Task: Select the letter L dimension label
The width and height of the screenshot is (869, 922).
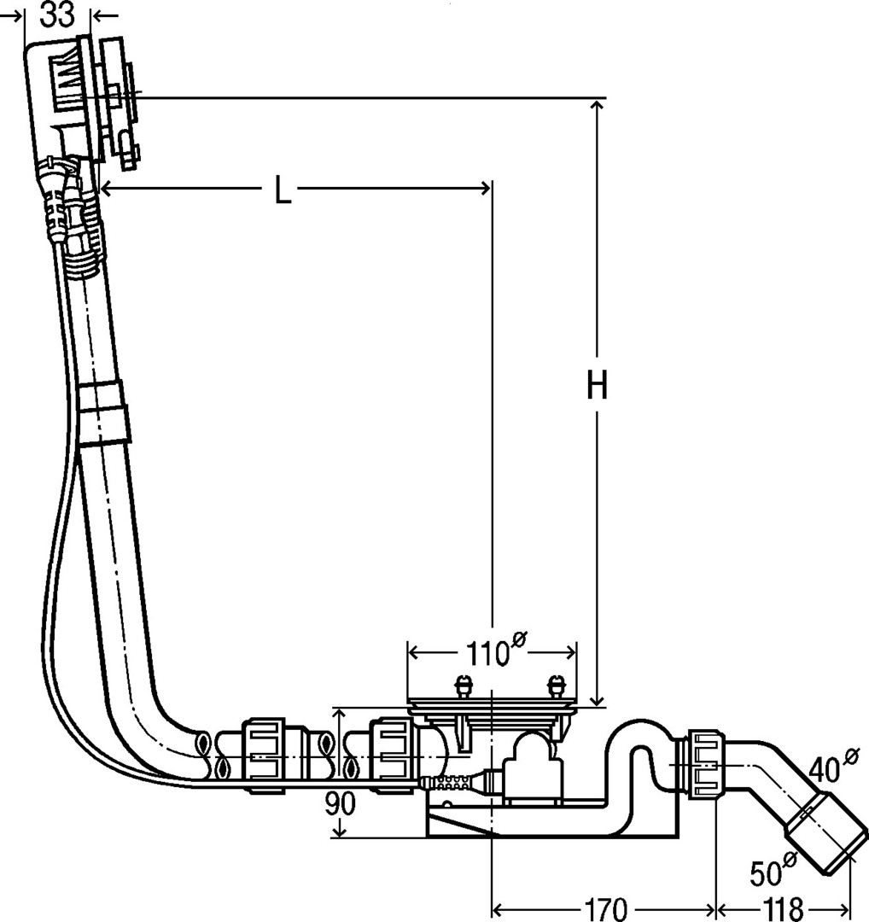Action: point(283,189)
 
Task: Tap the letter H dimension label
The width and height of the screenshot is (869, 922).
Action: point(597,384)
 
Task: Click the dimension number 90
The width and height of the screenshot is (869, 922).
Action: point(340,804)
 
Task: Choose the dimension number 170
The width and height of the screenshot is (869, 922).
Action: point(605,909)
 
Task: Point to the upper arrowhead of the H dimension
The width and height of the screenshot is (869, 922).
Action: point(597,106)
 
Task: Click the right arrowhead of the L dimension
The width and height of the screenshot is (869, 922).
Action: point(485,188)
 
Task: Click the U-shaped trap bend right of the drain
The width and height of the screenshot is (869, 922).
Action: point(641,742)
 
